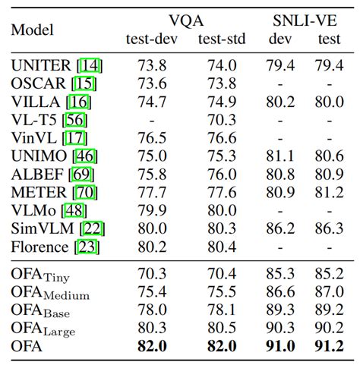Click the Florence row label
tap(43, 247)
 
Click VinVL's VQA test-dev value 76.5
tap(151, 138)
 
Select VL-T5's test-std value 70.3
tap(222, 120)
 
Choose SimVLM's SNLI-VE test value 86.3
tap(328, 228)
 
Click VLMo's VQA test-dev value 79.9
tap(151, 210)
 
